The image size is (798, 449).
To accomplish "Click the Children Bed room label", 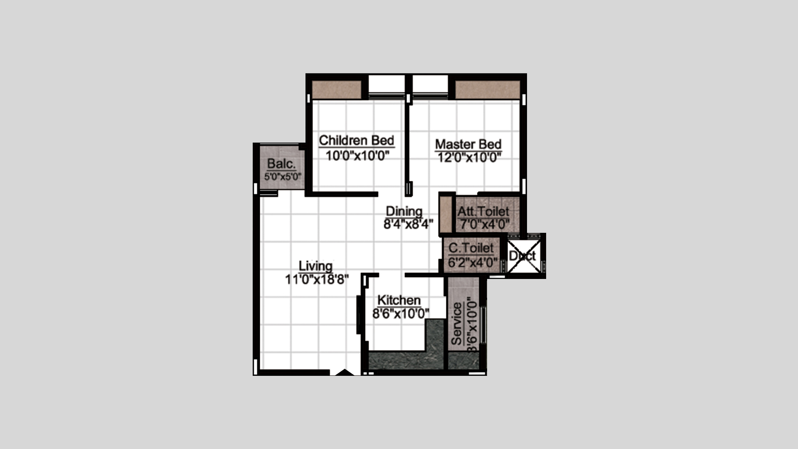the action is coord(357,141).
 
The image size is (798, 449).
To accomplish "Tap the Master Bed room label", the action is coord(468,144).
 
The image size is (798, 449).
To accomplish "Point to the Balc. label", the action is coord(281,164).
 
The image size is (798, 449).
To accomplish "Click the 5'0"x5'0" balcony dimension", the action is coord(283,176).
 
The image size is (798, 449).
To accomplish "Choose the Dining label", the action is coord(404,211).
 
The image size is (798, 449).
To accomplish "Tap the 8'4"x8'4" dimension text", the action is coord(408,224).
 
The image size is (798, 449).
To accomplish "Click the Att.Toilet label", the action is coord(483,211).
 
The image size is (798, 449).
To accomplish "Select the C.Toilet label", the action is coord(471,248).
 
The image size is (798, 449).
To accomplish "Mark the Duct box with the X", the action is coord(525,256).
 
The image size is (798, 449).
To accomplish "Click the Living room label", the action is coord(316,266).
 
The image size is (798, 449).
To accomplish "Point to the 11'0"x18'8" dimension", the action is coord(317,279).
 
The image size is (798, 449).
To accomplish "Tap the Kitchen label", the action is coord(399,300).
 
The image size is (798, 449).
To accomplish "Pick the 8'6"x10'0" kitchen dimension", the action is coord(401,313).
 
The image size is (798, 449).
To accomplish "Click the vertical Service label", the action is coord(457,324).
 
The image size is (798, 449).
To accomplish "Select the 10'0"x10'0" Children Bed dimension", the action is coord(357,156).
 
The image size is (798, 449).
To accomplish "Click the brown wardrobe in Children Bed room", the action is coord(337,90).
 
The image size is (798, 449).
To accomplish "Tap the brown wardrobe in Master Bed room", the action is coord(488,90).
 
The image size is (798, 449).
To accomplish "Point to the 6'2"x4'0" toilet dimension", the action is coord(473,262).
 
